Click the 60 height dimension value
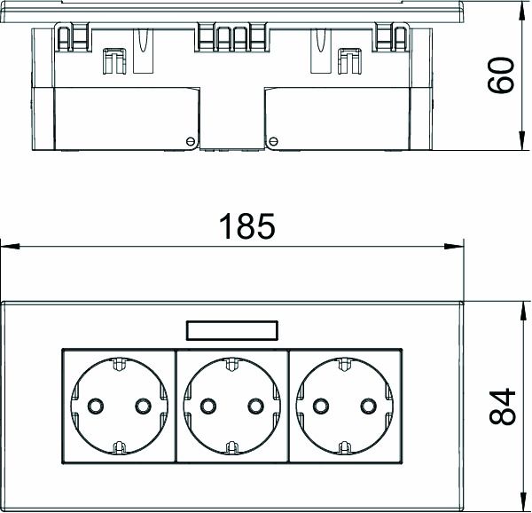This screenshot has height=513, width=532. pos(502,75)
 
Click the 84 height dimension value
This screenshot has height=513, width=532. pos(502,406)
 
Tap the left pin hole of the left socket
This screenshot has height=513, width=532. pos(92,406)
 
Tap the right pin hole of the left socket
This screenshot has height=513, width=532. pos(141,406)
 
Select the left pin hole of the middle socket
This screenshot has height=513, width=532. pos(207,406)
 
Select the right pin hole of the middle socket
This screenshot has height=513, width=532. pos(256,406)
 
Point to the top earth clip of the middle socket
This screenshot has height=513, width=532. pos(231,364)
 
